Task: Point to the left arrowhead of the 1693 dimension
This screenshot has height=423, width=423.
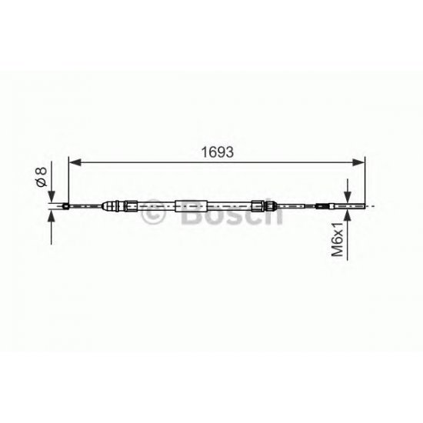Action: click(x=75, y=162)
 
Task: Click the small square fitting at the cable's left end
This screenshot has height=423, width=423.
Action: click(x=68, y=205)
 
